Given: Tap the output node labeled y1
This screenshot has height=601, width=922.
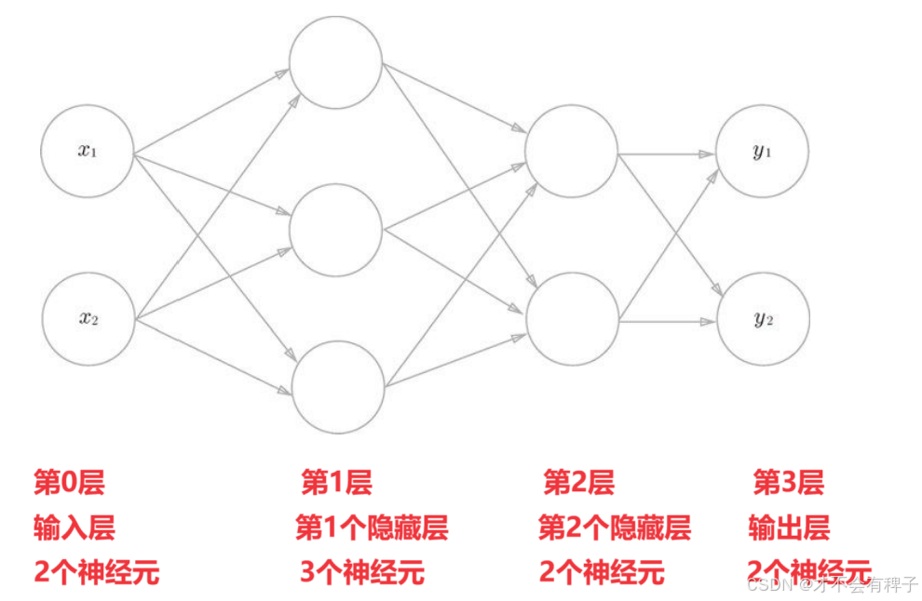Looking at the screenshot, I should click(x=763, y=152).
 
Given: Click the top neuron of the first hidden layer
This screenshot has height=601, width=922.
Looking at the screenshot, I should click(x=336, y=61).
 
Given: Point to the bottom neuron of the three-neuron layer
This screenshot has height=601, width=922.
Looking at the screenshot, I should click(x=339, y=387).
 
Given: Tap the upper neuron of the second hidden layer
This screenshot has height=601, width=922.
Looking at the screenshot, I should click(x=572, y=152).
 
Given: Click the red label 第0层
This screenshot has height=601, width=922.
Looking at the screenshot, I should click(x=69, y=483).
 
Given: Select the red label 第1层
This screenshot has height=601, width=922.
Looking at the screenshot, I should click(x=336, y=483).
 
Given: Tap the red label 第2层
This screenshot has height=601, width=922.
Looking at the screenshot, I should click(x=578, y=483).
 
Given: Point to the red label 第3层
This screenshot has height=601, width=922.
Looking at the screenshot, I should click(x=788, y=483).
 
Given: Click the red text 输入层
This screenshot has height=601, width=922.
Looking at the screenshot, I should click(x=75, y=528).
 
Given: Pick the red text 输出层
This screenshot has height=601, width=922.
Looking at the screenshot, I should click(x=789, y=528).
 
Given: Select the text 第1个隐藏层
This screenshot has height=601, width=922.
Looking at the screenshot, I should click(x=372, y=528).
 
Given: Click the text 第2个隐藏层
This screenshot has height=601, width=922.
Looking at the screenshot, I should click(x=615, y=528).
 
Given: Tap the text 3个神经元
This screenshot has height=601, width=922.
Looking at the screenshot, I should click(x=362, y=571).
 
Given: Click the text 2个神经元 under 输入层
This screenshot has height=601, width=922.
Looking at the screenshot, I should click(x=96, y=571).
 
